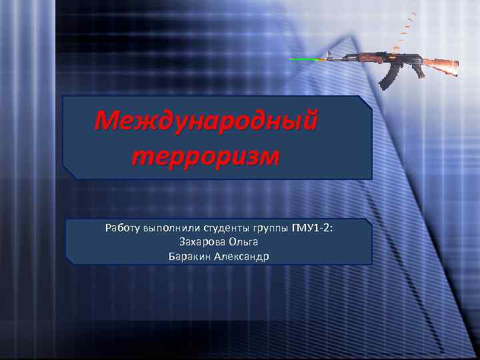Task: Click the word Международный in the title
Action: pyautogui.click(x=206, y=121)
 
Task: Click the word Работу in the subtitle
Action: pyautogui.click(x=122, y=229)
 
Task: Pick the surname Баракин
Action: pyautogui.click(x=190, y=256)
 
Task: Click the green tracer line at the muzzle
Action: pyautogui.click(x=307, y=60)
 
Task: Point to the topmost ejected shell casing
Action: pyautogui.click(x=415, y=13)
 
